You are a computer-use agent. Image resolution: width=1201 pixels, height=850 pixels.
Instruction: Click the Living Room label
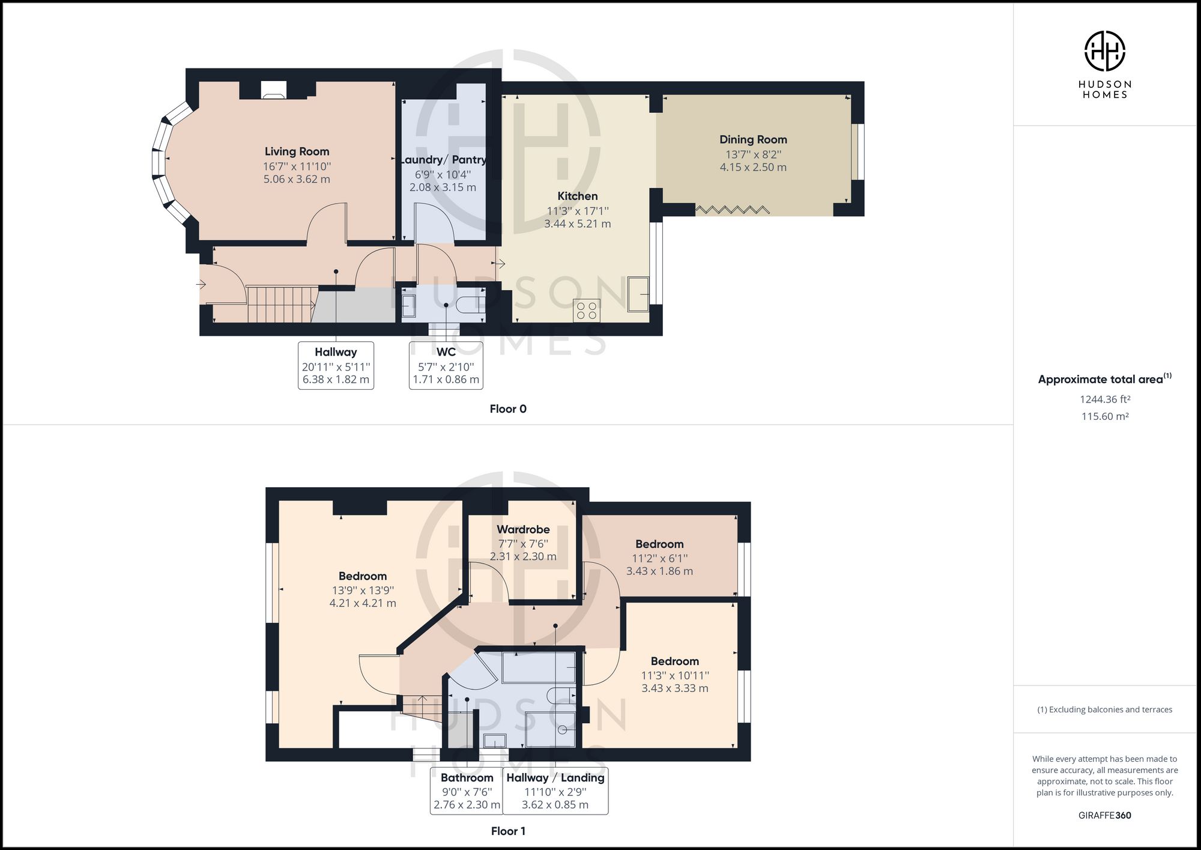[297, 151]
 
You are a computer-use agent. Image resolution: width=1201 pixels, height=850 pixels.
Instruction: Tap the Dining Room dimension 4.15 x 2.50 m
[753, 167]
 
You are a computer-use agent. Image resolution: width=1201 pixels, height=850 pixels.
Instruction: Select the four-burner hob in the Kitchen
[586, 310]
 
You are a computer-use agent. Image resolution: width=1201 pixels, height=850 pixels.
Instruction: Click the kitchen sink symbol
[638, 294]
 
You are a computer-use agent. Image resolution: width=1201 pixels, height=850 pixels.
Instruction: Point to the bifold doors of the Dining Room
[732, 210]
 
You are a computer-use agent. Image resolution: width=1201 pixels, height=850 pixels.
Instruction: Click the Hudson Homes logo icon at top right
[1104, 51]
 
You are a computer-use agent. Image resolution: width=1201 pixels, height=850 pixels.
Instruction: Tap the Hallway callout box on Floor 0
[336, 365]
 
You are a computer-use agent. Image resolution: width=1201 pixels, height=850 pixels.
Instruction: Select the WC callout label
[446, 352]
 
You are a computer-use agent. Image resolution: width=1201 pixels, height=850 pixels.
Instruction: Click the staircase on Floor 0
[281, 304]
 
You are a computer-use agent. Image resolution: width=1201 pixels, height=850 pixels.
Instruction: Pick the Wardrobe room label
[523, 529]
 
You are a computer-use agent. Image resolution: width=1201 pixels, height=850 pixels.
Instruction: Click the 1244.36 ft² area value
[1104, 399]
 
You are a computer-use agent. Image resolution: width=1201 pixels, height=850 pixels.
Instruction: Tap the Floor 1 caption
[508, 831]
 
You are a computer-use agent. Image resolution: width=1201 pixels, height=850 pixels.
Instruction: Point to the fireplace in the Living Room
[274, 90]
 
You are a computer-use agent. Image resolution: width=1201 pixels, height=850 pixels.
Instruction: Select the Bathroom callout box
[466, 791]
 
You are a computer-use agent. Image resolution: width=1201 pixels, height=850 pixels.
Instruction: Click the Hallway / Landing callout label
[555, 777]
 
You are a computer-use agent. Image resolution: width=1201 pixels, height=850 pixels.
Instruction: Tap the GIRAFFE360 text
[1104, 815]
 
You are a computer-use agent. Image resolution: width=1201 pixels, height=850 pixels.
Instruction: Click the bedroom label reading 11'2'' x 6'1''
[659, 557]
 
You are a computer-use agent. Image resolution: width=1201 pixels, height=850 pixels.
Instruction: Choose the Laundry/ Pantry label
[443, 160]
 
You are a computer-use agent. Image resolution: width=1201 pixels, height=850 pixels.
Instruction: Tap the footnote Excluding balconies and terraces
[1104, 709]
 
